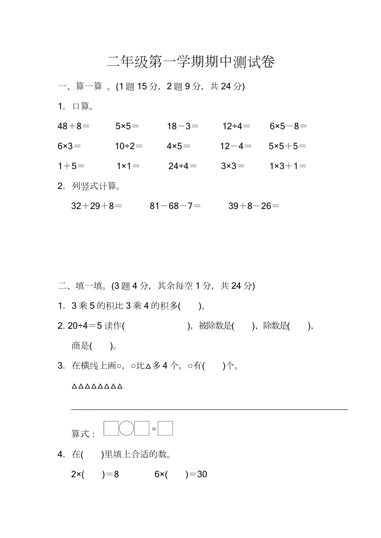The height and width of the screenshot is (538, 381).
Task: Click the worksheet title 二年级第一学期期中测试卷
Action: click(190, 62)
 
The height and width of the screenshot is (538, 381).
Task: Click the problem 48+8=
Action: click(73, 126)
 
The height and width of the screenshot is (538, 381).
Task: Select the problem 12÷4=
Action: click(236, 126)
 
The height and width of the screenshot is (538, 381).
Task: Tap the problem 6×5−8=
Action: click(288, 126)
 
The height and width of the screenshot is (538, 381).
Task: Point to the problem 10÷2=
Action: click(129, 146)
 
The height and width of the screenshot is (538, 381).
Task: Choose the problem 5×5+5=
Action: click(287, 146)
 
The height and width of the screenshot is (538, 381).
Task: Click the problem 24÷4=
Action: click(183, 166)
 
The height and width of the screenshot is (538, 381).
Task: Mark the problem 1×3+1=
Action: click(288, 166)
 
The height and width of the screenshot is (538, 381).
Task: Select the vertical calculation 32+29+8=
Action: click(96, 206)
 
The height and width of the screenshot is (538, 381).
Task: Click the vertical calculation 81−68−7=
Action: click(175, 206)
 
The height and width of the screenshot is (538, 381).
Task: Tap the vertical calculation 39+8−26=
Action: click(254, 206)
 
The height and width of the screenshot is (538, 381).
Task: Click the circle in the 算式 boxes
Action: click(126, 428)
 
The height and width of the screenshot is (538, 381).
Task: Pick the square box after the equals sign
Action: click(165, 428)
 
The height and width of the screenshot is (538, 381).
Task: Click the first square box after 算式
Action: click(111, 428)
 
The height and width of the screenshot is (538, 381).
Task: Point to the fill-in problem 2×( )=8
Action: click(95, 474)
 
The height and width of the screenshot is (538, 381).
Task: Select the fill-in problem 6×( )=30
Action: click(181, 474)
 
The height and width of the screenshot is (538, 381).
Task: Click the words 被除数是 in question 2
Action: click(215, 326)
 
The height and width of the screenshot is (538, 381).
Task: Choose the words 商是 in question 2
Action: click(80, 346)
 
